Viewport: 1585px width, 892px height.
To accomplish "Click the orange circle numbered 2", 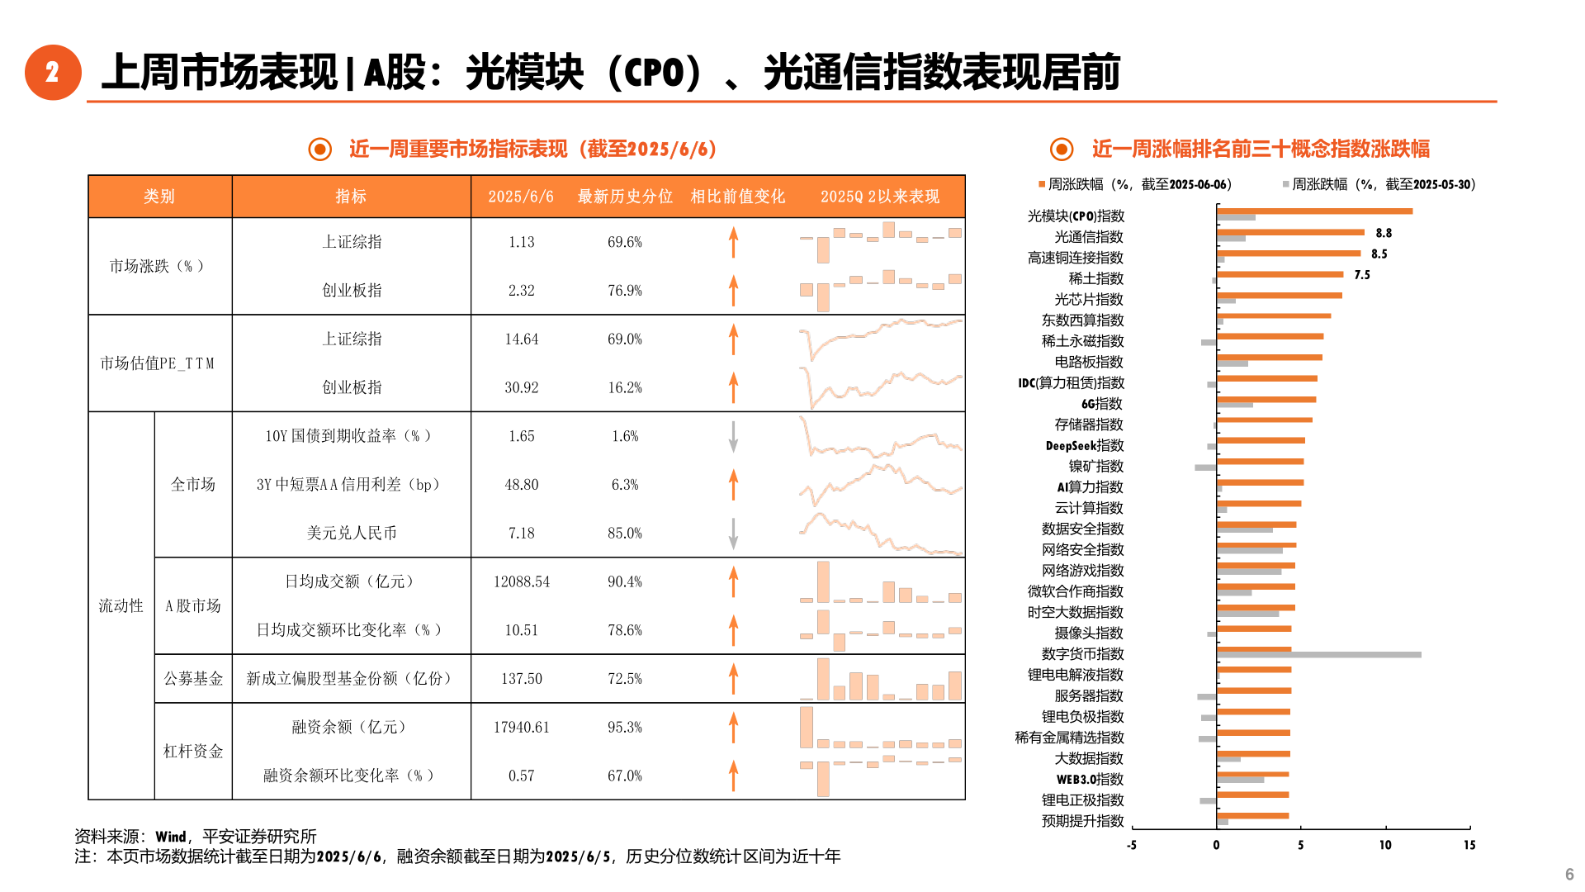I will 53,73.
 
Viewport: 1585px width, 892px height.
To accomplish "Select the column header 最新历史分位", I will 625,197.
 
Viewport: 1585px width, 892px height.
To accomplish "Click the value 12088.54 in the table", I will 521,582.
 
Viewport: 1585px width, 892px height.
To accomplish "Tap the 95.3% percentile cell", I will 624,728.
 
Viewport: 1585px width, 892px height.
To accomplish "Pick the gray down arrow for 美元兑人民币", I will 733,534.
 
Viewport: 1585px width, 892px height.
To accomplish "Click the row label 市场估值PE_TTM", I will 158,363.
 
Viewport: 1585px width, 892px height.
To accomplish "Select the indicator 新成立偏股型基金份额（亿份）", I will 351,679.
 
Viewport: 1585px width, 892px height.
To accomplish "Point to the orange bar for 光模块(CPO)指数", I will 1314,211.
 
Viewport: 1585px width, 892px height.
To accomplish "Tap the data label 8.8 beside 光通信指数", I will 1384,234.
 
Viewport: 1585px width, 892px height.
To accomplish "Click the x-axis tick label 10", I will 1384,845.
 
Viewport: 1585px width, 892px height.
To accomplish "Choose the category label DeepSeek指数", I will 1084,446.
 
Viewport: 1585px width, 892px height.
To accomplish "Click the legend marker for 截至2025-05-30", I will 1285,184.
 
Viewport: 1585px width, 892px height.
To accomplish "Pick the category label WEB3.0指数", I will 1090,780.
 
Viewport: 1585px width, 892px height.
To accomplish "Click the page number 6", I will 1568,875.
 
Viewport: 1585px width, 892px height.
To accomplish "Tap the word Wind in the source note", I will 171,837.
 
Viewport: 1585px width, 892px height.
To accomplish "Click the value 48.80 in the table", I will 521,485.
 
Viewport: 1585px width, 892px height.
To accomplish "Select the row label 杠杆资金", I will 193,752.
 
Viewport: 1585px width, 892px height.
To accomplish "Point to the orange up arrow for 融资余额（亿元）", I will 733,728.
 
